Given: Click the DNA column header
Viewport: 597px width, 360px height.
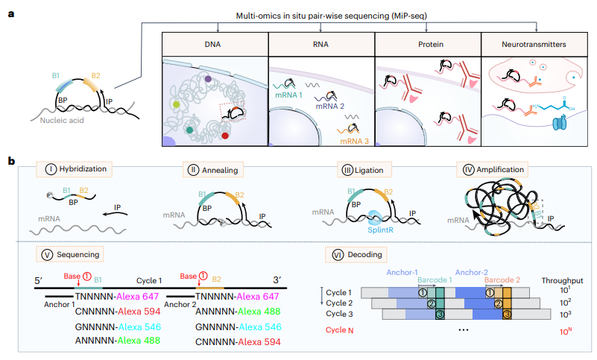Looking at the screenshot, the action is (212, 44).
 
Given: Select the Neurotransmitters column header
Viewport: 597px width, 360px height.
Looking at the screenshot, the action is (534, 44).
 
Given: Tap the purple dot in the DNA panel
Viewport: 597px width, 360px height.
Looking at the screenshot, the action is (208, 79).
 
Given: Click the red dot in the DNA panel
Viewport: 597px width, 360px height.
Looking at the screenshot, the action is (225, 136).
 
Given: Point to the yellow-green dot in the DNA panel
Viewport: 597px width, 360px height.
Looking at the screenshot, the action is (176, 104).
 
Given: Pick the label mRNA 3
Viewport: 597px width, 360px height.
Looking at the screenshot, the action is (355, 141).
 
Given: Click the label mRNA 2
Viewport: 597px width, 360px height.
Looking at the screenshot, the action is (329, 106).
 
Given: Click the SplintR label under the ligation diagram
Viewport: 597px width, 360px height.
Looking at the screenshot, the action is (380, 230).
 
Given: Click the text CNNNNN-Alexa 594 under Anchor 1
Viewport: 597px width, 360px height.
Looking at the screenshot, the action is (118, 312).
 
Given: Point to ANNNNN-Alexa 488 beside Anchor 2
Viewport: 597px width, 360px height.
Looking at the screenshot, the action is (238, 312).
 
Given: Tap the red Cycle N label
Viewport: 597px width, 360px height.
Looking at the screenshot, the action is (339, 330).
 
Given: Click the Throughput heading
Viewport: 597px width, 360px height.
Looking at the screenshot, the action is (563, 281).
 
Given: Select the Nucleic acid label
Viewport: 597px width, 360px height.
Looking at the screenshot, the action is (62, 121).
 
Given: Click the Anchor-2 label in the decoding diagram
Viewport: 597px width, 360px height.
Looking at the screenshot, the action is (471, 272).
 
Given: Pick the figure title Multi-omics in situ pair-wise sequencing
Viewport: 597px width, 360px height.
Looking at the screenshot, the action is (331, 16).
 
